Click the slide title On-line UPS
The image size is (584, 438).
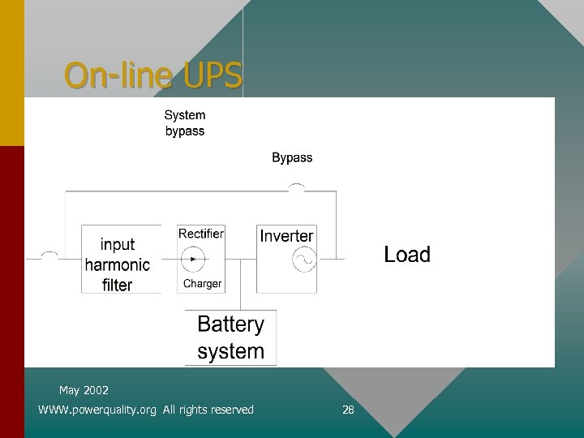point(153,75)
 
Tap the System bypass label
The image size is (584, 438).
point(185,123)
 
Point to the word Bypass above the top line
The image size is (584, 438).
point(292,157)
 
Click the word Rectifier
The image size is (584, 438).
point(201,234)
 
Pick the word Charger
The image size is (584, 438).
point(202,284)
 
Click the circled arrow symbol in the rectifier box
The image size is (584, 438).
point(193,260)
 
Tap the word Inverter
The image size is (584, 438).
point(286,236)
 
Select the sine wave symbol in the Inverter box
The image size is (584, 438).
point(304,260)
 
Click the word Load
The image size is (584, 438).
point(407,255)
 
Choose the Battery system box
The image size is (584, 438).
point(231,337)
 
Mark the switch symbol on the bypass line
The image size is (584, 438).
point(297,188)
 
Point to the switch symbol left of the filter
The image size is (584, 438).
point(49,255)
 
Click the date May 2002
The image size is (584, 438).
point(84,390)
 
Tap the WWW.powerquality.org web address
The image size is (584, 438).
point(97,410)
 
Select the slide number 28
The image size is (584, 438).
point(348,410)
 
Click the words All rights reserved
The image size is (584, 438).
point(208,410)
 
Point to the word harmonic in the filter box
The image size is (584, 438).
point(118,264)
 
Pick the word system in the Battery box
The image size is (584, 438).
point(231,351)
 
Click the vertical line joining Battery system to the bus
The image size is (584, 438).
point(240,285)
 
